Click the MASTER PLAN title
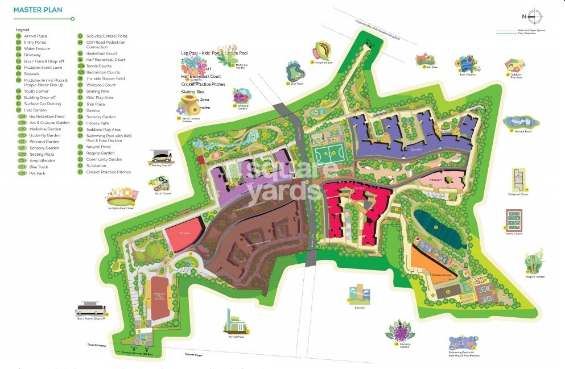38,10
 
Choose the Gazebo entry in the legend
93,110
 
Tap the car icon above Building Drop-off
161,157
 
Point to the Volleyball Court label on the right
518,194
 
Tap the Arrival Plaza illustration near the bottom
236,323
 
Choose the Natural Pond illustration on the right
518,123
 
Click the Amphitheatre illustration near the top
321,52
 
